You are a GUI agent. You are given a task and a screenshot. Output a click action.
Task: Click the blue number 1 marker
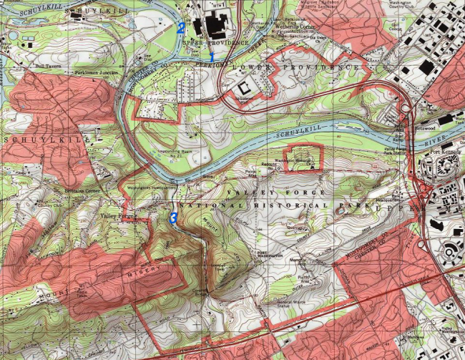coord(212,56)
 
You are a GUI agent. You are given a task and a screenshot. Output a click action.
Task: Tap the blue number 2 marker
coord(181,28)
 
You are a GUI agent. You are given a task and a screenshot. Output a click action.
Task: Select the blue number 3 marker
coord(173,216)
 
